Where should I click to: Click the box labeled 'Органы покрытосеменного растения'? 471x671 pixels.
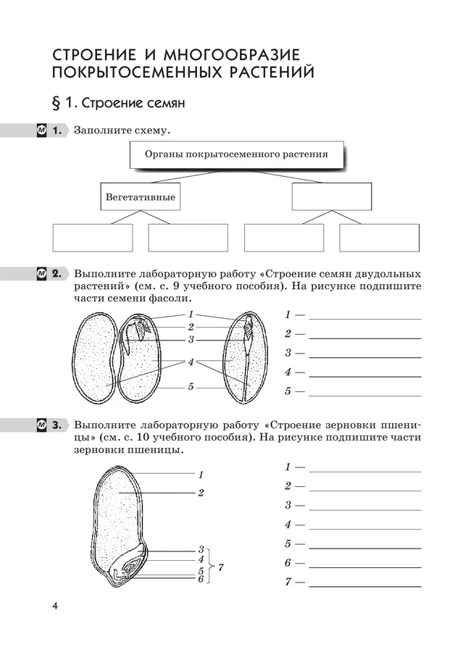tap(236, 155)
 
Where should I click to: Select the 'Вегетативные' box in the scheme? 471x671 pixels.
tap(140, 196)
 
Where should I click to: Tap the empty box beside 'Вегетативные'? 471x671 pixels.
tap(331, 196)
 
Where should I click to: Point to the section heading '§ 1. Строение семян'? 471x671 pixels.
tap(119, 104)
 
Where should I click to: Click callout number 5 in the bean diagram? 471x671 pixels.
tap(191, 387)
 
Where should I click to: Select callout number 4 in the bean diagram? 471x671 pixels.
tap(191, 362)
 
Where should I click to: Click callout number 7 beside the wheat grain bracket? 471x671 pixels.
tap(220, 567)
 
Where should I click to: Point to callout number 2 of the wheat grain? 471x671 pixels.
tap(200, 493)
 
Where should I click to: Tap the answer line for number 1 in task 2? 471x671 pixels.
tap(365, 318)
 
